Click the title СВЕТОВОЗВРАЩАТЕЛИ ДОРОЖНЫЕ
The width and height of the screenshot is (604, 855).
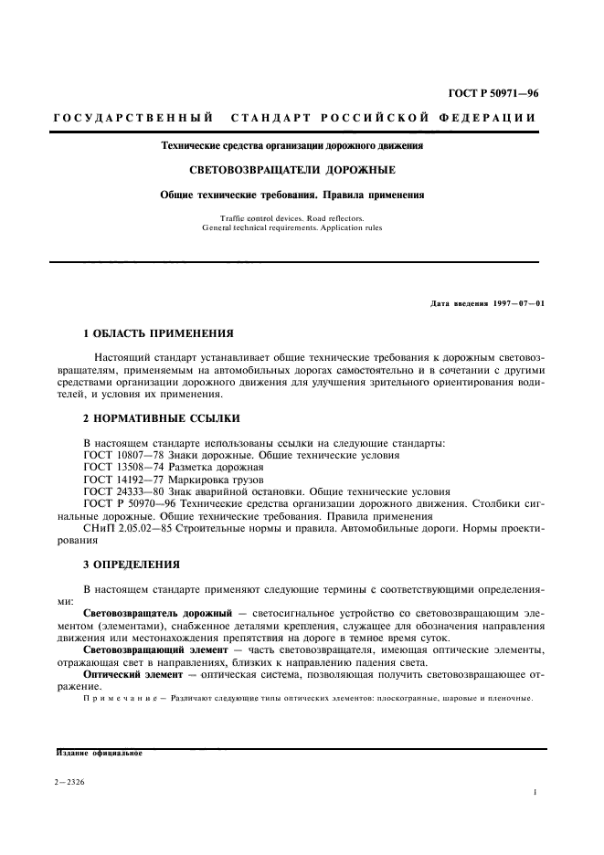point(292,170)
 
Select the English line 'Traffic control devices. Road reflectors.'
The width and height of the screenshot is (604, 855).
point(292,217)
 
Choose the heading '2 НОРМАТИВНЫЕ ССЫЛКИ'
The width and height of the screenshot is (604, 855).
point(162,418)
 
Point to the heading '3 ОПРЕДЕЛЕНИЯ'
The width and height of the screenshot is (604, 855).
point(132,564)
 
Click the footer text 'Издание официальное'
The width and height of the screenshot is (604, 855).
point(99,754)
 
